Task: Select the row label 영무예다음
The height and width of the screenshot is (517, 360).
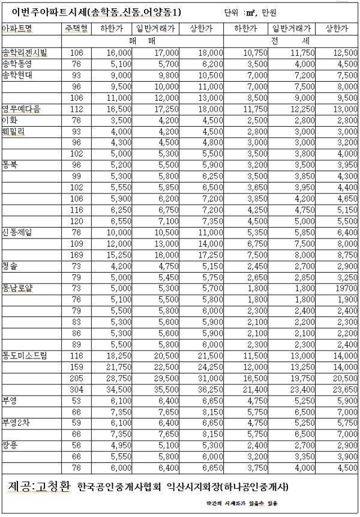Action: pos(22,108)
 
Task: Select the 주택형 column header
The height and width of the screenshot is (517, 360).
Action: pos(76,28)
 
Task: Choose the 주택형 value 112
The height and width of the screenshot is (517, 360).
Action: pos(76,108)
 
